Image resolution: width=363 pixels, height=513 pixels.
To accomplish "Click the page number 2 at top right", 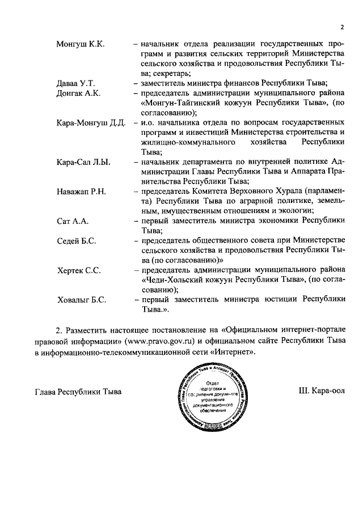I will [343, 26].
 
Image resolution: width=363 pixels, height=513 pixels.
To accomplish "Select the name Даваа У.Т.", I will [75, 83].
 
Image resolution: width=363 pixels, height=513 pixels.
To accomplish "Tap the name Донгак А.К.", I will [78, 94].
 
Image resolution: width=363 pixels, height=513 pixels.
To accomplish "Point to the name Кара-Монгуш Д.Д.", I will [90, 123].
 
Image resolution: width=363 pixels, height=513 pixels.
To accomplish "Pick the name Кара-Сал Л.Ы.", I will [83, 163].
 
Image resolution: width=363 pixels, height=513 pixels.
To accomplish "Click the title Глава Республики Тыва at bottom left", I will [78, 392].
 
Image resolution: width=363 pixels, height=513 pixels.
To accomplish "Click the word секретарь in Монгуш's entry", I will [172, 74].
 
